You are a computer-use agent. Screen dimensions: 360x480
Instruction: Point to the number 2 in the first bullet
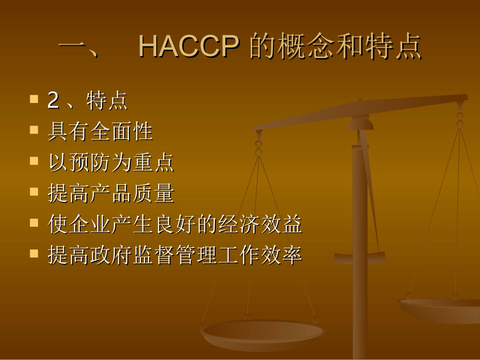click(x=53, y=100)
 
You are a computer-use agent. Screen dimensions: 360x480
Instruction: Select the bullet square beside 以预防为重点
click(x=34, y=161)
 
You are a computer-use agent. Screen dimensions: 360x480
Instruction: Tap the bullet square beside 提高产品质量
click(x=34, y=192)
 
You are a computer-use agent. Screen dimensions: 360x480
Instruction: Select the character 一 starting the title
click(x=74, y=48)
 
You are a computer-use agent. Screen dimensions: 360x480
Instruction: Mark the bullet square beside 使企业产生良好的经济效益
click(x=34, y=223)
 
